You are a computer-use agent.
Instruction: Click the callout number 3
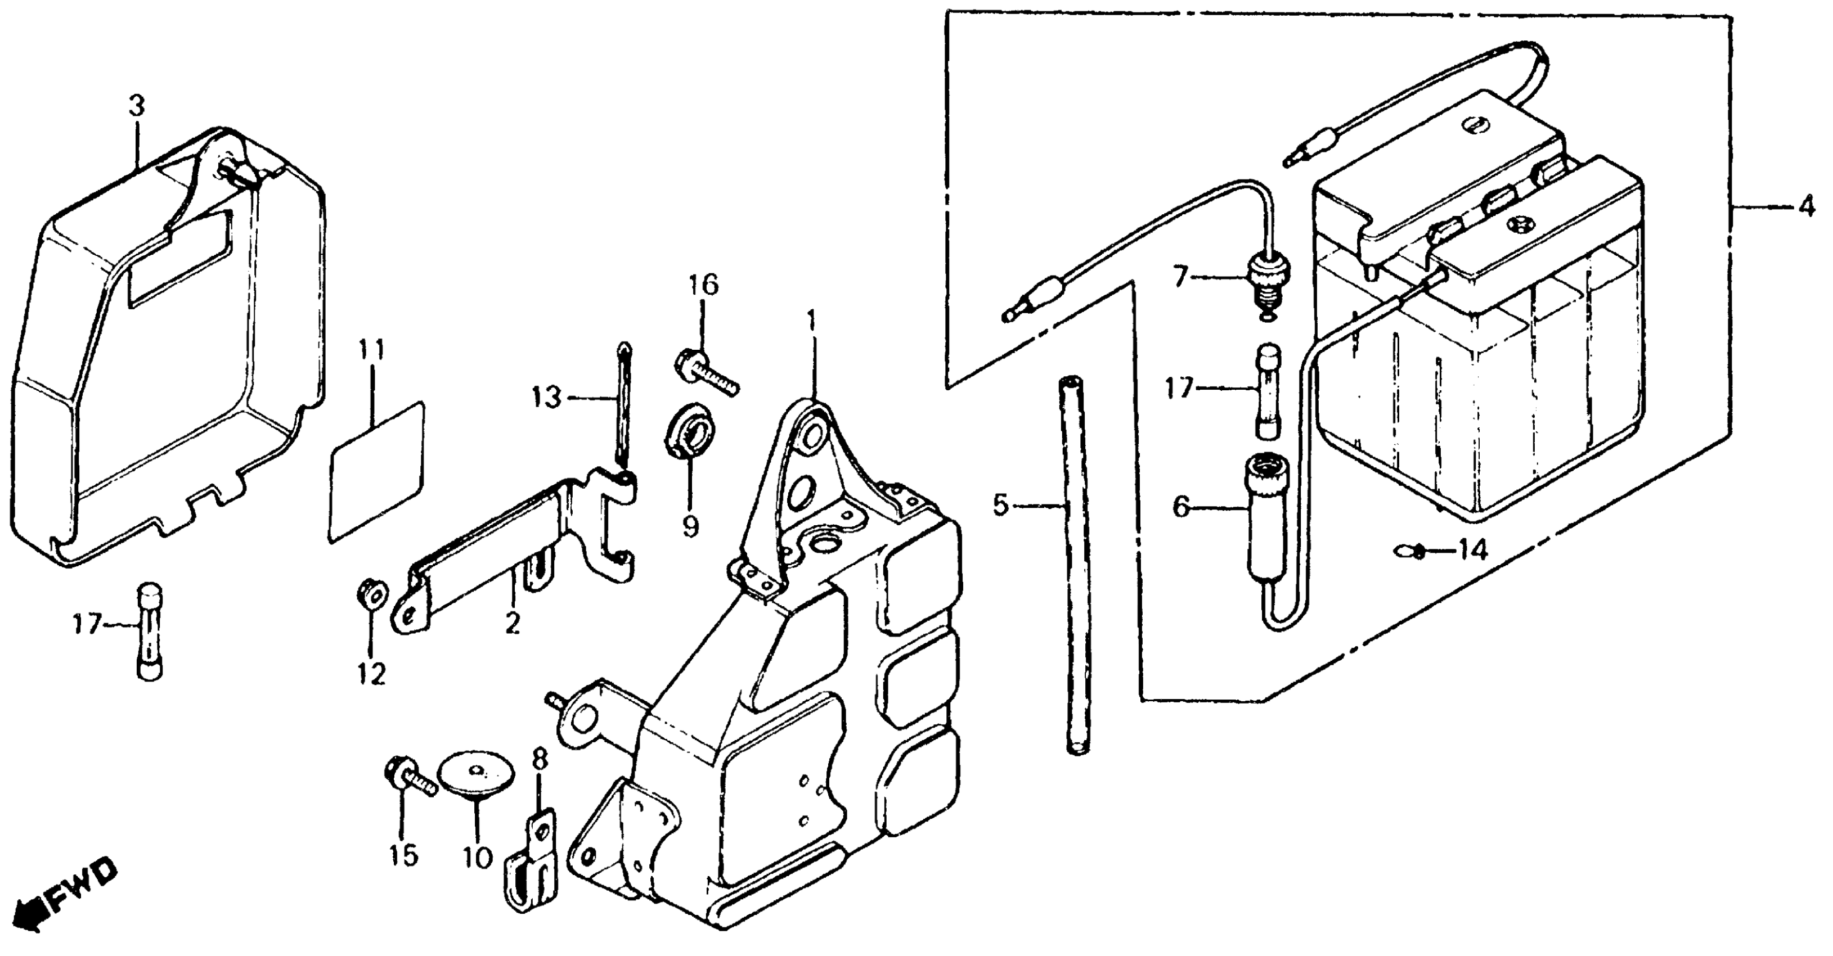(136, 107)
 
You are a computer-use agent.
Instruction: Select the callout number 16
(703, 285)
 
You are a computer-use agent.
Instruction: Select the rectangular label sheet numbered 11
(377, 473)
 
